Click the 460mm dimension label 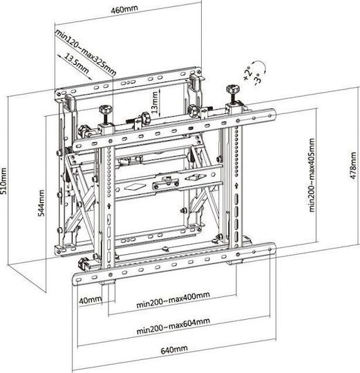point(124,9)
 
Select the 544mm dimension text point(41,203)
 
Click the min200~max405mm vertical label point(312,175)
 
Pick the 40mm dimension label point(91,300)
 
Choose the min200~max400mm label point(173,300)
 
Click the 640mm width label point(174,350)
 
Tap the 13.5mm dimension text point(77,64)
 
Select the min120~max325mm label point(86,52)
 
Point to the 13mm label point(155,102)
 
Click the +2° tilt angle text point(247,73)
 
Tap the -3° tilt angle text point(258,79)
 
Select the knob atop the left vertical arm point(106,110)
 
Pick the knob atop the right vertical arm point(233,88)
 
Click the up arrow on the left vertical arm point(109,206)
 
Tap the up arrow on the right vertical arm point(236,185)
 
